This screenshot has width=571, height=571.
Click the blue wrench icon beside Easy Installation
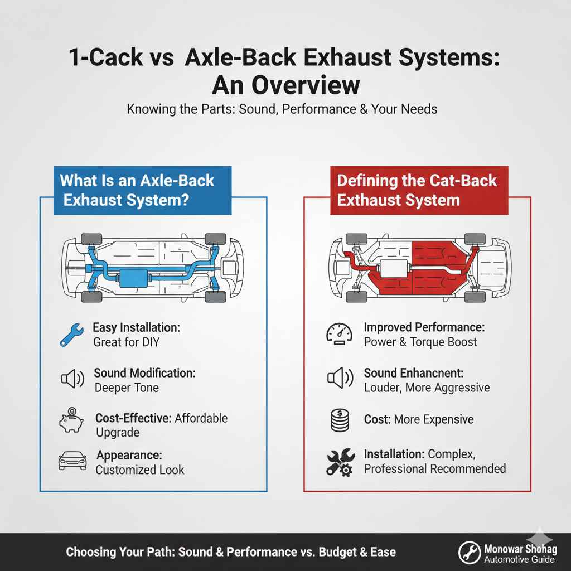71,335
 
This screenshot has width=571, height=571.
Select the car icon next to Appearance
71,462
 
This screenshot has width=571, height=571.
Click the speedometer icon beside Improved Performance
339,335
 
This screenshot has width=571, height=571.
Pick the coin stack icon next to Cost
339,420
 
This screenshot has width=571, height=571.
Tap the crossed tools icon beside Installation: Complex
339,462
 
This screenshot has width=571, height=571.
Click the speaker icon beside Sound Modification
71,380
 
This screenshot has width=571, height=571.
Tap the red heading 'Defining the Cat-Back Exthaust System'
419,190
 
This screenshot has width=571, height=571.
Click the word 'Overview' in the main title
303,85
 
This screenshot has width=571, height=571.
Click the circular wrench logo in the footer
470,551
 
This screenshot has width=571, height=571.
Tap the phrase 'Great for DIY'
127,341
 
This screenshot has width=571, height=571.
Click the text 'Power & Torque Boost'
420,341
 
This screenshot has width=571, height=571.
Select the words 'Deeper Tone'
127,387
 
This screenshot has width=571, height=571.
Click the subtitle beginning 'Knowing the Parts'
282,109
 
